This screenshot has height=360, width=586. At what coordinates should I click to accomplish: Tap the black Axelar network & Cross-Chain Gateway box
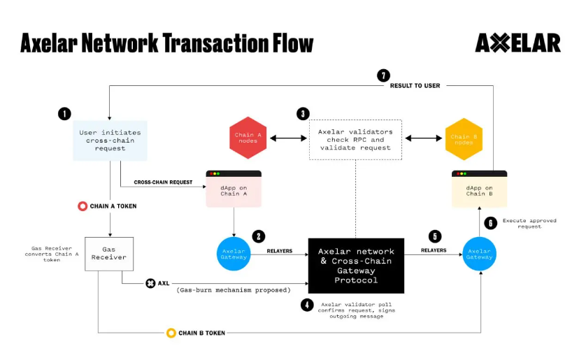coord(356,266)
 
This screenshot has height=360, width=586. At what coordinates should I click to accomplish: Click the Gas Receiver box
coord(109,253)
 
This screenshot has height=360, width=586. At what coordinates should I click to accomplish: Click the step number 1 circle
coord(65,113)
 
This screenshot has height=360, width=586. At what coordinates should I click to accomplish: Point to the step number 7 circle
coord(383,75)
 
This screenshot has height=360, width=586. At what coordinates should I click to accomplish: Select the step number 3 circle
coord(302,113)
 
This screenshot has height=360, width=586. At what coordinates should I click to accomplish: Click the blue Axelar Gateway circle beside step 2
coord(233,253)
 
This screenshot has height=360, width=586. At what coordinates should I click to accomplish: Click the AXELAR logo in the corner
coord(517,43)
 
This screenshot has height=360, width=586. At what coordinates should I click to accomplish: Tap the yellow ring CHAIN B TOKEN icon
coord(171,333)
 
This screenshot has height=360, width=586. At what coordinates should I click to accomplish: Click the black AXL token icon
coord(150,284)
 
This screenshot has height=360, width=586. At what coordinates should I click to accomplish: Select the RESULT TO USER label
coord(415,85)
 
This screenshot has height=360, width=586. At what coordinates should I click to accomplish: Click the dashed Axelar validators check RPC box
coord(355,139)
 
